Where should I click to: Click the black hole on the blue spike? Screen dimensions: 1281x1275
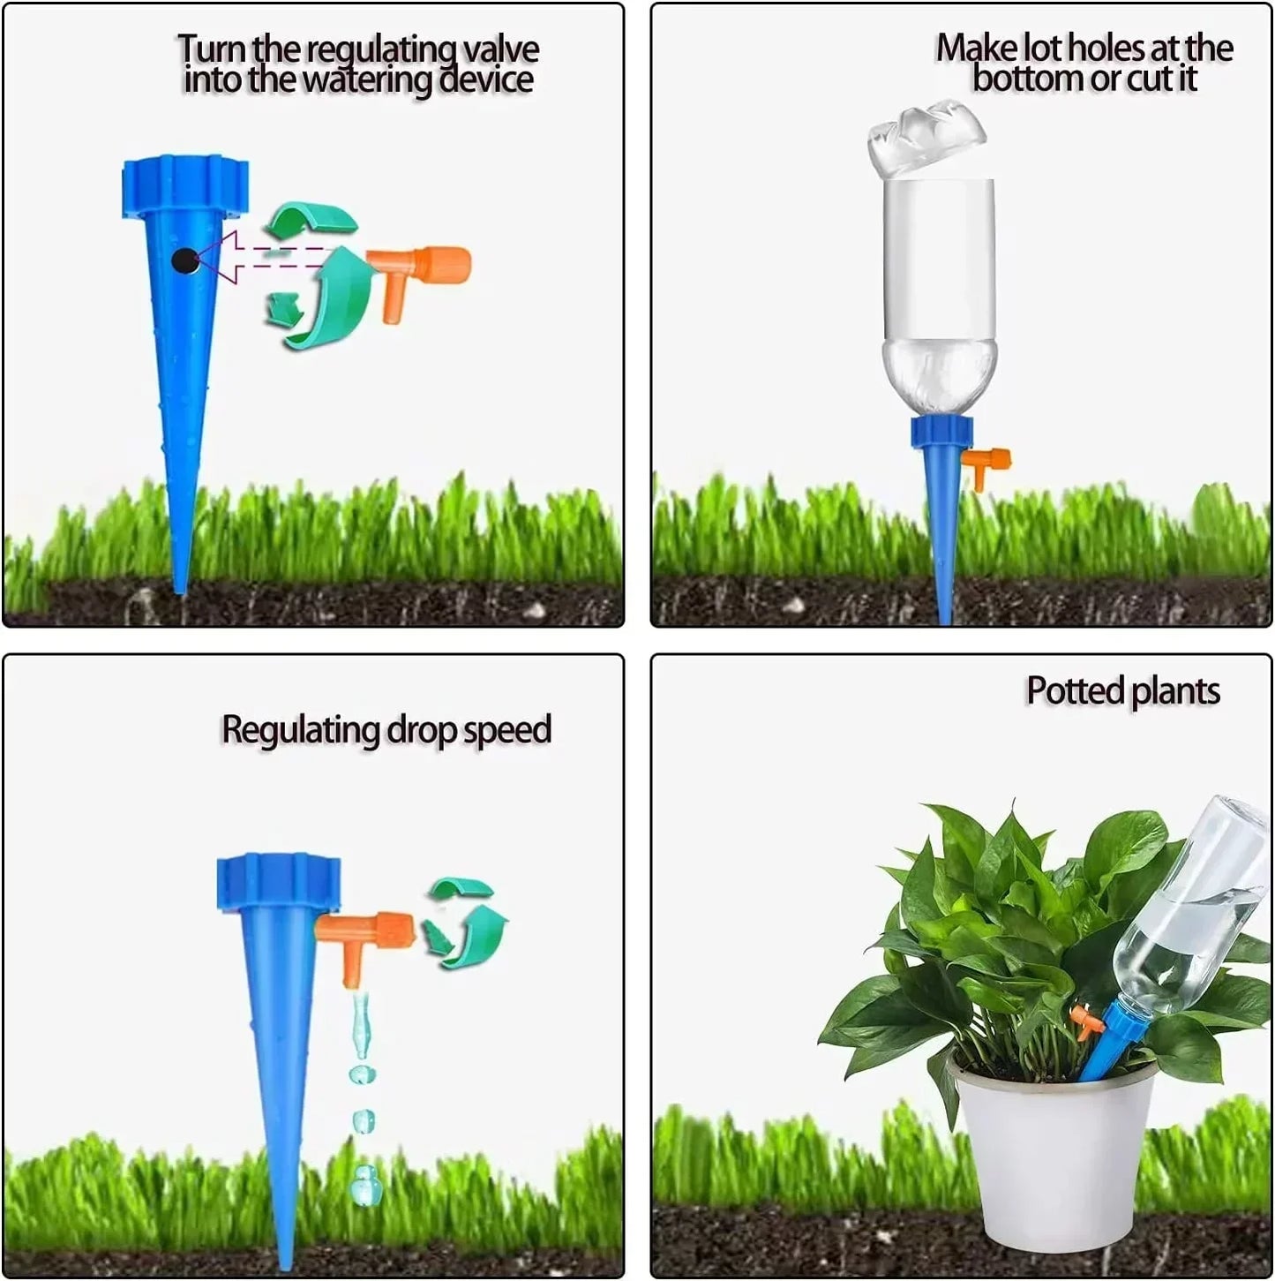click(x=185, y=260)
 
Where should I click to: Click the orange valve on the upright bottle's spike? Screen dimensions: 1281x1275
click(x=986, y=463)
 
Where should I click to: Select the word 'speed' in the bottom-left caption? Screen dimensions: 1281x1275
click(x=506, y=731)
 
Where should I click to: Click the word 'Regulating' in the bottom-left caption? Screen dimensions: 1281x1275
click(x=300, y=731)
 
